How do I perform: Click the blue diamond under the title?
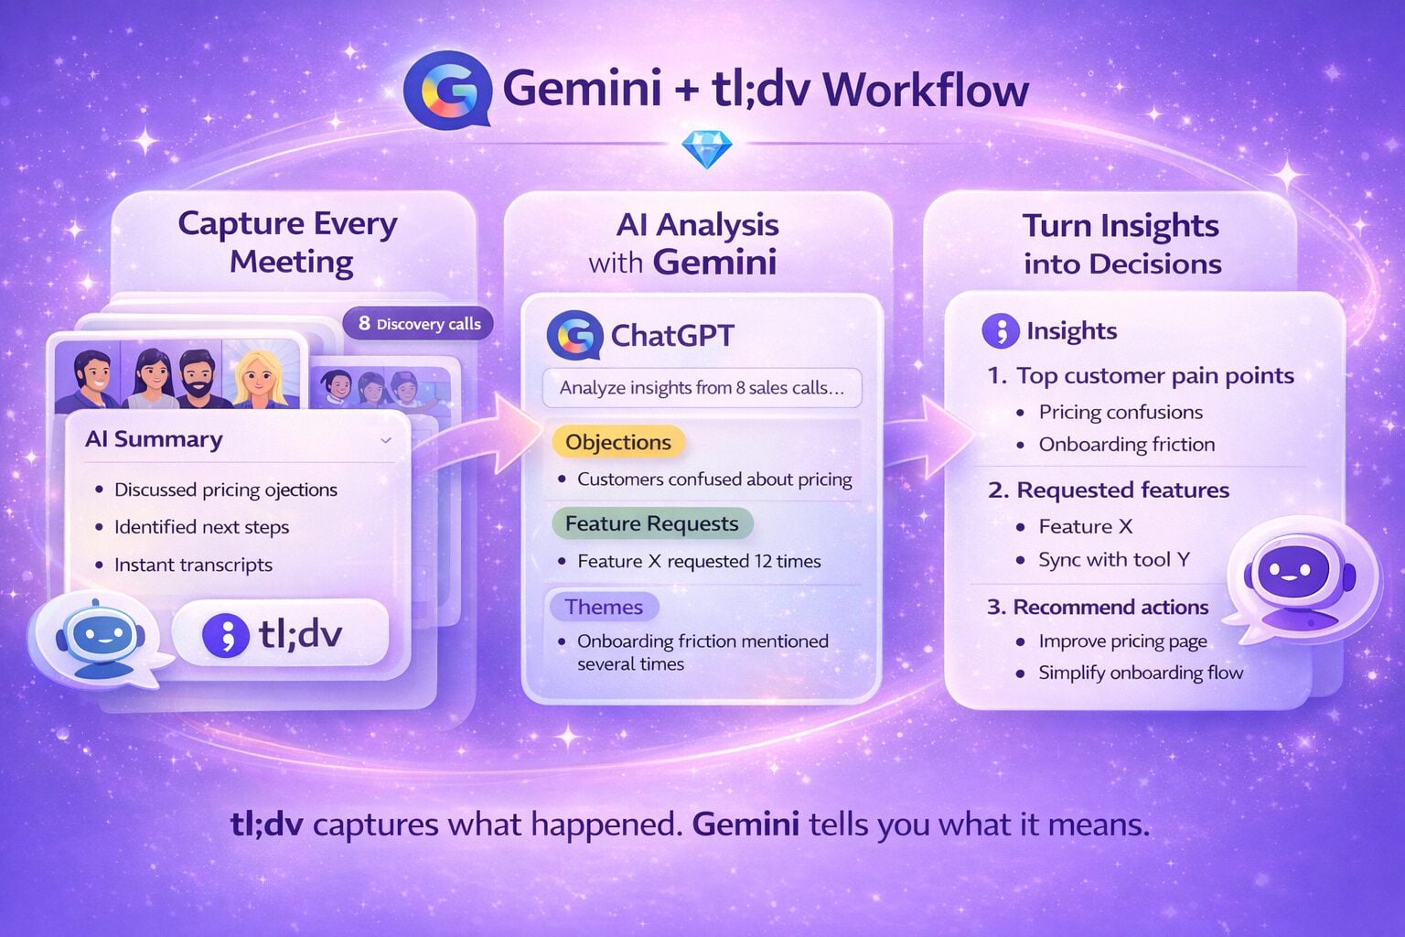[706, 149]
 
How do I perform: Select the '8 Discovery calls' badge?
[419, 324]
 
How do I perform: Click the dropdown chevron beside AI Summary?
[386, 440]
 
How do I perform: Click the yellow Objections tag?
[617, 443]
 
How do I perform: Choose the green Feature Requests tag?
[651, 524]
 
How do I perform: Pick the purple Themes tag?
[604, 607]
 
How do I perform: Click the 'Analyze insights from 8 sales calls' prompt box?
[702, 388]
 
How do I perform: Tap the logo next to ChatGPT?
[574, 336]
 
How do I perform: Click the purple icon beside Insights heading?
[1000, 331]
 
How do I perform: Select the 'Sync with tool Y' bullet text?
[1113, 560]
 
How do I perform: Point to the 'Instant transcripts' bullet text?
[193, 565]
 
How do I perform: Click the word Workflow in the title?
[926, 90]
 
